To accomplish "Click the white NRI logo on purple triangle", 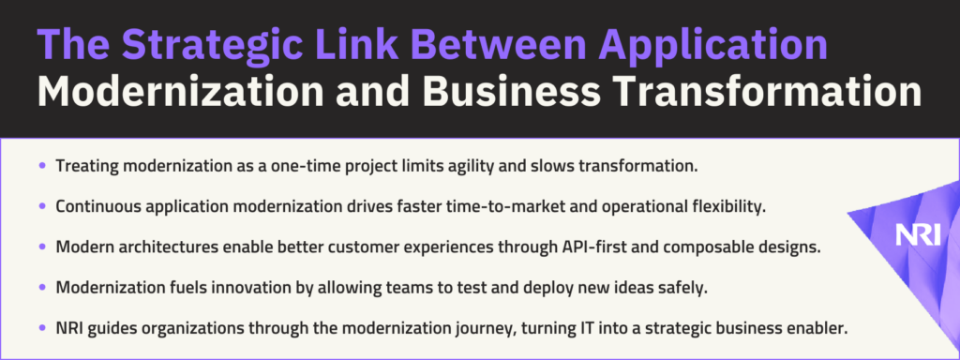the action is coord(917,235).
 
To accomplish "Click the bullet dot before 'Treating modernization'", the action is coord(42,165).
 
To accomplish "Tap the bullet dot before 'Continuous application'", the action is coord(42,206).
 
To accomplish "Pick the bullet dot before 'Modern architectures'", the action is coord(42,247).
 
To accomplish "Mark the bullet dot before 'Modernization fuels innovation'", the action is coord(42,287).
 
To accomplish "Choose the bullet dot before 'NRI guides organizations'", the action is coord(42,328).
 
